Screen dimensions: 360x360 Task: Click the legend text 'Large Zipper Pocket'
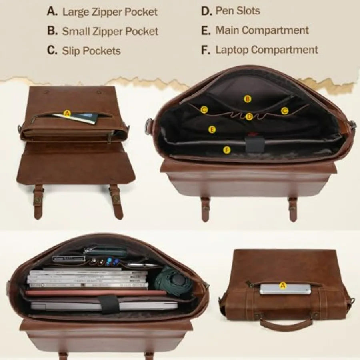[x=110, y=12]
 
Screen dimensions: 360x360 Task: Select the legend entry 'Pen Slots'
[x=238, y=11]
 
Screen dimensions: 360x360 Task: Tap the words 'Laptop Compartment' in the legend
[x=266, y=50]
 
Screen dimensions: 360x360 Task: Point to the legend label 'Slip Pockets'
[x=91, y=51]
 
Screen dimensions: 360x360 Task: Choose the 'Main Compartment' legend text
[x=262, y=30]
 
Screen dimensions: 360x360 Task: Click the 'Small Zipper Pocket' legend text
[x=110, y=32]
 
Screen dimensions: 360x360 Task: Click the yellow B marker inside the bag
[x=248, y=99]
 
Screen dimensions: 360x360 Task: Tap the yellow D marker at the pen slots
[x=249, y=117]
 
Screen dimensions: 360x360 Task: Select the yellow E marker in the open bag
[x=212, y=130]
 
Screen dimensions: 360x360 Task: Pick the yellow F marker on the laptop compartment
[x=227, y=150]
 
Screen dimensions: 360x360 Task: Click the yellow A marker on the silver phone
[x=283, y=286]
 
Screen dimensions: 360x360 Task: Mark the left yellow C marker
[x=204, y=110]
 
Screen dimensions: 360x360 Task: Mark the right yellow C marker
[x=284, y=111]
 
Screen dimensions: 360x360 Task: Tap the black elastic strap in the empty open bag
[x=254, y=144]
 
